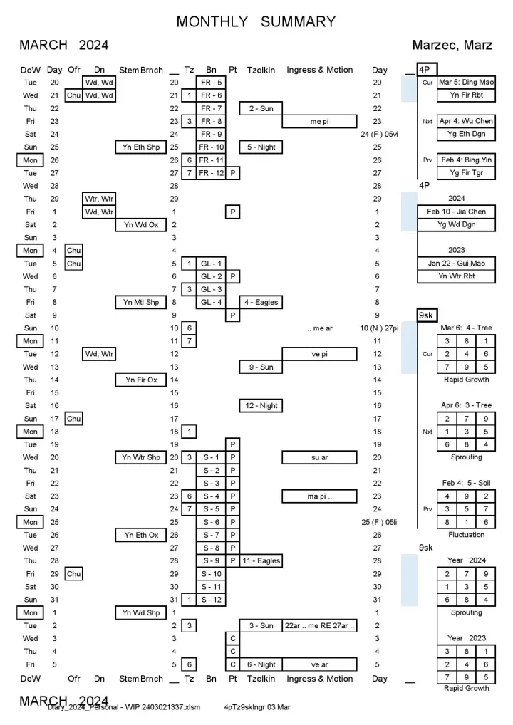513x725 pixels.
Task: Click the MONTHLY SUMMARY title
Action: click(256, 22)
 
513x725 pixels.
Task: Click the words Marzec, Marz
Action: click(452, 46)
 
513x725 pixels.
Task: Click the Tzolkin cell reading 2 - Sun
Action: click(261, 108)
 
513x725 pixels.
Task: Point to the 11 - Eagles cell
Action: click(261, 560)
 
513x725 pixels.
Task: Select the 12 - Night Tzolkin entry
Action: click(261, 405)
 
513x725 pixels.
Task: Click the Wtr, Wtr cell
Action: click(100, 199)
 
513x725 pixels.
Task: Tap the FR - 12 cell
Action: click(212, 173)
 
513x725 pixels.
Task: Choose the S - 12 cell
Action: click(212, 599)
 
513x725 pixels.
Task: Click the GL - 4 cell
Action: click(212, 302)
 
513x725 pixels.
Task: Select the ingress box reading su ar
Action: click(319, 457)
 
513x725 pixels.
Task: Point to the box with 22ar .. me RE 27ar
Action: click(319, 625)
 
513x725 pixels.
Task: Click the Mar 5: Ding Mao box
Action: click(466, 83)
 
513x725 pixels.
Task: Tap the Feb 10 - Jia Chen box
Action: click(456, 212)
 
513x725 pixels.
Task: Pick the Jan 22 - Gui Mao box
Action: click(456, 263)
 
